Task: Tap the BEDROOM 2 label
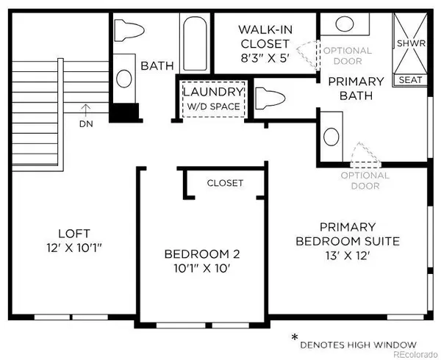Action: [202, 254]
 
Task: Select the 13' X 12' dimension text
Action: [347, 256]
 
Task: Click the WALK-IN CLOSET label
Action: [265, 37]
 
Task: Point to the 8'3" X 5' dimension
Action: [265, 58]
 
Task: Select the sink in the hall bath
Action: [124, 79]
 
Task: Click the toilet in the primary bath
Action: [270, 98]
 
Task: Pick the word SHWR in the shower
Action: [411, 43]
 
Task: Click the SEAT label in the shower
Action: [410, 80]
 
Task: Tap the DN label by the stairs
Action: [86, 124]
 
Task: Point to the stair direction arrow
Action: [86, 110]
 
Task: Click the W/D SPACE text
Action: [214, 107]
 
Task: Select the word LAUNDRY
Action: [213, 92]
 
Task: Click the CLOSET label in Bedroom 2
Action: [225, 183]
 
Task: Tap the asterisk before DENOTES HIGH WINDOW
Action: [295, 336]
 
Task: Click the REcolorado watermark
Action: [415, 354]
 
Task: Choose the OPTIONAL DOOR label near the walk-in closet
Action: [348, 56]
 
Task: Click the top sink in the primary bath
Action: [345, 24]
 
